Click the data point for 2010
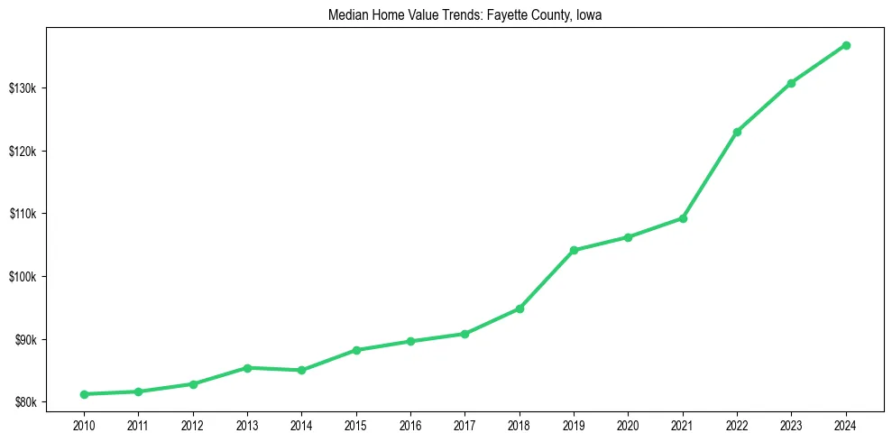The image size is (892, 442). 84,394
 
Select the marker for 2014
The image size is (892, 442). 301,370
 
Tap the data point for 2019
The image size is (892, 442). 574,250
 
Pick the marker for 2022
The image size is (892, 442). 737,132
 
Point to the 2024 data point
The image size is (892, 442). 846,45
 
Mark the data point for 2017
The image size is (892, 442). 464,334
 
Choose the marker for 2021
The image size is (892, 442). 683,218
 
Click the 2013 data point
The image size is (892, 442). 247,367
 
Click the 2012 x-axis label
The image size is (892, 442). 192,423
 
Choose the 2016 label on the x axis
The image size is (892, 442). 410,423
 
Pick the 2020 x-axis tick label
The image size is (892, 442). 628,423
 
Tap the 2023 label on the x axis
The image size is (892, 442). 791,423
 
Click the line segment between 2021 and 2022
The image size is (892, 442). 710,175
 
